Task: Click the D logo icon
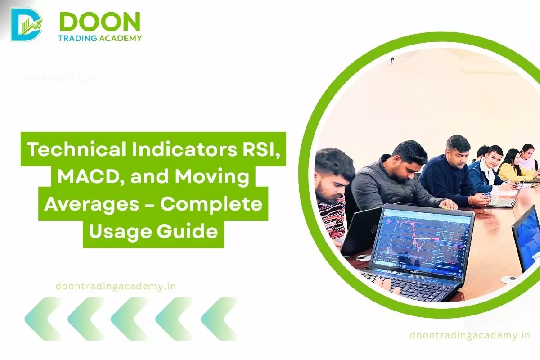coord(26,24)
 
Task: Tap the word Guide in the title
coord(193,232)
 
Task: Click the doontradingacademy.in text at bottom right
coord(470,335)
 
